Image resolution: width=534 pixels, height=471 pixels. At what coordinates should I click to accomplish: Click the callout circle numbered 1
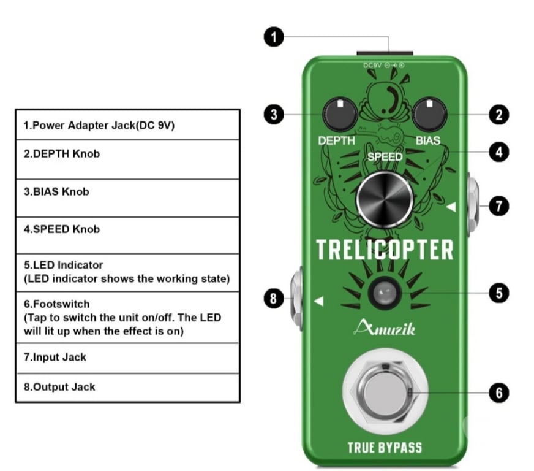point(274,37)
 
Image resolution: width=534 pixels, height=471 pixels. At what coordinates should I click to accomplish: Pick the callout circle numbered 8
point(274,299)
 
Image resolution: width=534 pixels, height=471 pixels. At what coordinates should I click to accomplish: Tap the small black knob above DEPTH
point(336,114)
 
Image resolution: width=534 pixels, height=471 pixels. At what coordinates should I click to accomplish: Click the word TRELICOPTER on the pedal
point(385,250)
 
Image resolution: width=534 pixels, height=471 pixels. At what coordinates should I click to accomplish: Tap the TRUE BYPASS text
point(385,446)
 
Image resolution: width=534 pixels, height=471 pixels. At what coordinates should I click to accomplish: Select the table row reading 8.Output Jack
point(127,387)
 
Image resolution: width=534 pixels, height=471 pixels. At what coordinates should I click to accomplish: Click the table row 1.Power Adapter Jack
point(127,125)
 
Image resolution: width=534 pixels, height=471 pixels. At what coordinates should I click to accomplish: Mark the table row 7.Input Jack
point(127,358)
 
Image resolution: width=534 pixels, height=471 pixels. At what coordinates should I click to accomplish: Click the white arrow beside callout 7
point(451,208)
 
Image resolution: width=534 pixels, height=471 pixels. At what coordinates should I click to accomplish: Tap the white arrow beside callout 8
point(318,301)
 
